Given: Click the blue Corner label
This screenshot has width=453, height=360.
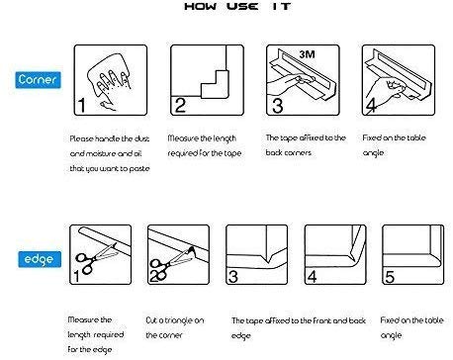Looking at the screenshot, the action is (38, 80).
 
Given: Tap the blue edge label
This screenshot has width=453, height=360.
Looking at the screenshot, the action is (40, 259).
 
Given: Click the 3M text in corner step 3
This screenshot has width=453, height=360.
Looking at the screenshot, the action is (308, 54).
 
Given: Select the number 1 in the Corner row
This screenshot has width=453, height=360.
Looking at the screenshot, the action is (81, 106).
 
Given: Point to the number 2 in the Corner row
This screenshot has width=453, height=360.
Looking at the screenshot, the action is (180, 106).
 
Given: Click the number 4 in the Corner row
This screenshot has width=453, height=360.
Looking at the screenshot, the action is (371, 106).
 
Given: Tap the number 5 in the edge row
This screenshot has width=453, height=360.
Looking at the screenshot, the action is (390, 276).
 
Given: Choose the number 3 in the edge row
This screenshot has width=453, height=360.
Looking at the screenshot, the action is (233, 276).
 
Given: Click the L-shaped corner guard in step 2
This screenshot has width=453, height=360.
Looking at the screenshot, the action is (215, 84).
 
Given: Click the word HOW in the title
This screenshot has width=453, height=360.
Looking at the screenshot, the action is (201, 6).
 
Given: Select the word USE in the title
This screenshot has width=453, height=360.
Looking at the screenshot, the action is (242, 6).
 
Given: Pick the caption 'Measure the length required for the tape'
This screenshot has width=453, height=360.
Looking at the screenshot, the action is (205, 145).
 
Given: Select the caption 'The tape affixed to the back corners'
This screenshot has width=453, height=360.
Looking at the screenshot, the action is (306, 145).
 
